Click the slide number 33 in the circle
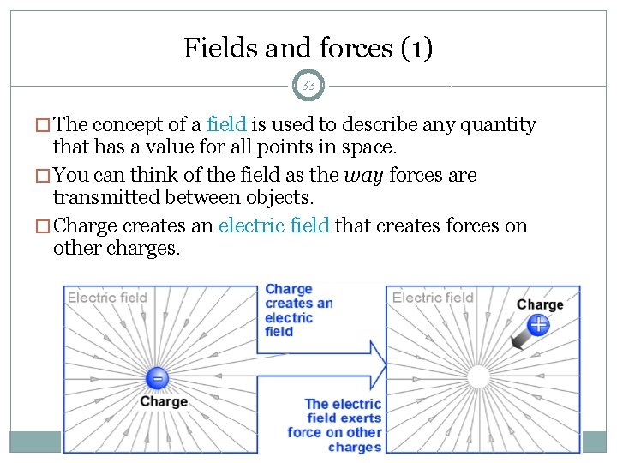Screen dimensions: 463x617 coord(308,86)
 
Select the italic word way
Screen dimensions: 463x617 coord(363,176)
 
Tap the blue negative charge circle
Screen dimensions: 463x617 coord(156,378)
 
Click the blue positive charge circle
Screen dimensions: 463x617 coord(538,324)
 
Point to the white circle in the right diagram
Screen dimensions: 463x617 coord(477,377)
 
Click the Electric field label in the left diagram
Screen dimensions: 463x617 coord(107,298)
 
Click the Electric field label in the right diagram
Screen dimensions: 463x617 coord(433,298)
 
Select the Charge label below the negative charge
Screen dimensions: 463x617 coord(163,401)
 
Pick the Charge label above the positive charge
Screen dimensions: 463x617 coord(540,304)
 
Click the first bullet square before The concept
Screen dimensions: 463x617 coord(44,126)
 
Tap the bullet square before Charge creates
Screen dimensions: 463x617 coord(44,227)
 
